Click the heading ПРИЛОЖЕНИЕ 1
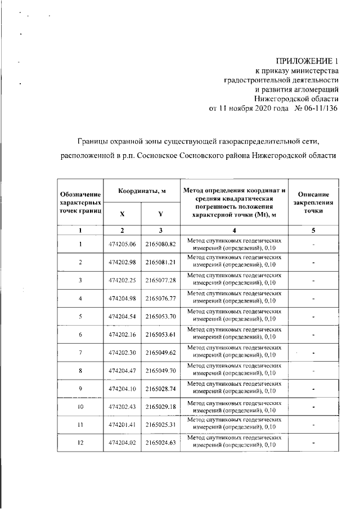[307, 61]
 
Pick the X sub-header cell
[123, 214]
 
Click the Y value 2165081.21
[161, 262]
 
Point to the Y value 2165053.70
[161, 316]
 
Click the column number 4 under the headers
[234, 231]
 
